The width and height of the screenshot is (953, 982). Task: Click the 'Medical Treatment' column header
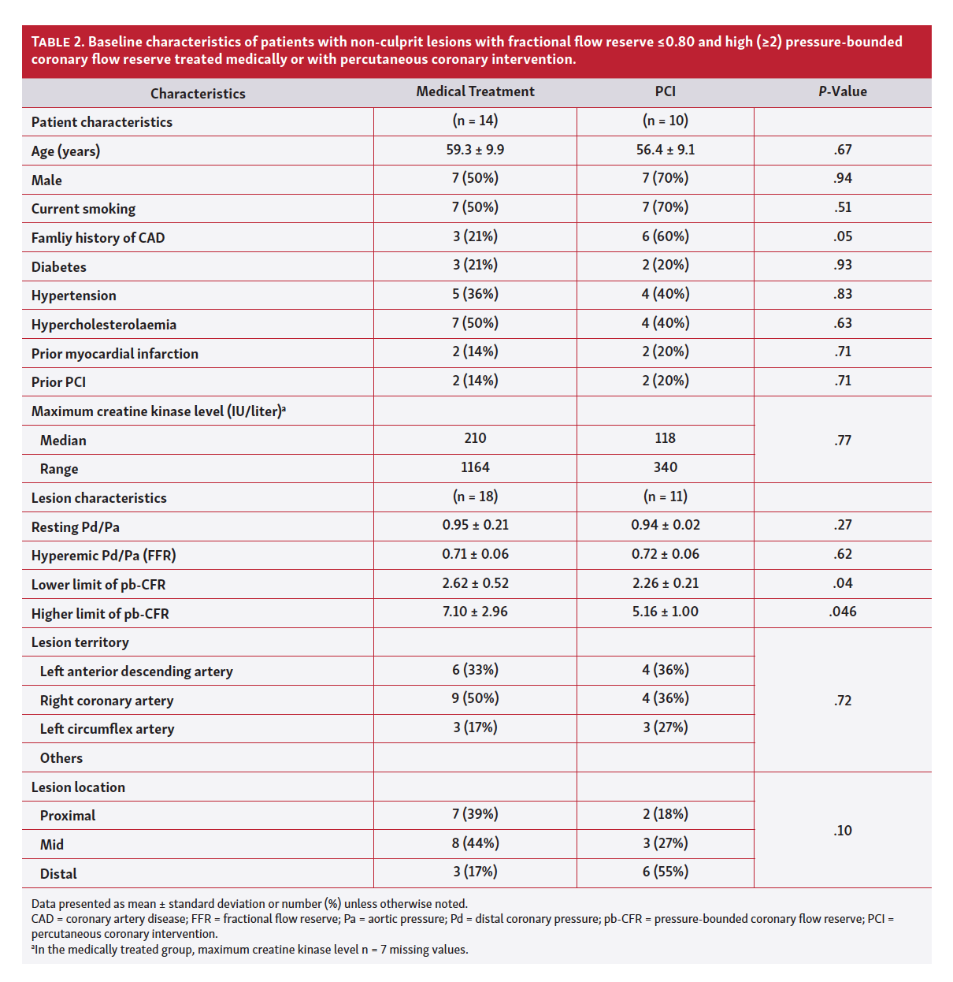[x=475, y=91]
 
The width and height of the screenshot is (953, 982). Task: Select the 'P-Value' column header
[x=842, y=91]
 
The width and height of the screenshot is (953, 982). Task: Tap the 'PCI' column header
[x=665, y=91]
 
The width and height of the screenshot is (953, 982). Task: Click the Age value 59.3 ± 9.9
[x=475, y=150]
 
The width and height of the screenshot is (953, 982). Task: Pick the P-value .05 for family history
[x=842, y=236]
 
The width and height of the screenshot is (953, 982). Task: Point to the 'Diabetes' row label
[x=59, y=267]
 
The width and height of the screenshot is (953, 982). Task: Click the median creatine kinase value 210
[x=475, y=438]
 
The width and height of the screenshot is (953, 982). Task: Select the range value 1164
[x=475, y=467]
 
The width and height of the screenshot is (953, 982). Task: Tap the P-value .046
[x=842, y=612]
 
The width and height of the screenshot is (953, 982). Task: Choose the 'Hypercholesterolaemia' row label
[x=104, y=325]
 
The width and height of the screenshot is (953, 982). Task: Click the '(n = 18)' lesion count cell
[x=475, y=497]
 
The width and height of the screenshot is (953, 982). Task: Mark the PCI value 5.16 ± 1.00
[x=665, y=612]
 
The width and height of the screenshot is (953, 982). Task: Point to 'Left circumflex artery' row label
[x=107, y=729]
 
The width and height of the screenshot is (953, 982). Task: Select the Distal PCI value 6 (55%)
[x=665, y=872]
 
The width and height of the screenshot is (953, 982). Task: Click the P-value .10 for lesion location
[x=842, y=831]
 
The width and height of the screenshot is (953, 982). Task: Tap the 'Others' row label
[x=61, y=758]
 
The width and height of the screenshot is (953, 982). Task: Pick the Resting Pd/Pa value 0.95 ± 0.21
[x=475, y=525]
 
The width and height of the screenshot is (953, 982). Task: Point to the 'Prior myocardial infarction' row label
[x=115, y=354]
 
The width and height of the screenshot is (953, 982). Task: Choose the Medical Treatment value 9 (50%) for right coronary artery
[x=475, y=698]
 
